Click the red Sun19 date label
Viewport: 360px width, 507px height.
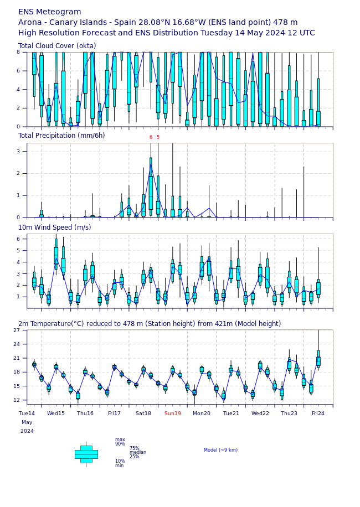pyautogui.click(x=172, y=413)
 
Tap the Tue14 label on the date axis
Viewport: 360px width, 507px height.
pyautogui.click(x=27, y=413)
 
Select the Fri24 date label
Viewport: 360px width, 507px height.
pyautogui.click(x=318, y=413)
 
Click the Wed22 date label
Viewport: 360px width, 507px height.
pyautogui.click(x=260, y=413)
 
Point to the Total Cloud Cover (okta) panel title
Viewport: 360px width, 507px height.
pyautogui.click(x=57, y=46)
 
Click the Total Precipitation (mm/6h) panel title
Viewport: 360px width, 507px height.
pyautogui.click(x=61, y=136)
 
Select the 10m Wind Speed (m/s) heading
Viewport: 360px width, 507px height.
pyautogui.click(x=54, y=227)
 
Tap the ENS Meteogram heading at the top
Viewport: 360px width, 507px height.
pyautogui.click(x=49, y=12)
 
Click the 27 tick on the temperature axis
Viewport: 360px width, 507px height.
pyautogui.click(x=17, y=330)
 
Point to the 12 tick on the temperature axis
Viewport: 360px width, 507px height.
pyautogui.click(x=17, y=400)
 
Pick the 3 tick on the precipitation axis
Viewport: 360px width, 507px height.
pyautogui.click(x=18, y=151)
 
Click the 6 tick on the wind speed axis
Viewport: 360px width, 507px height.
pyautogui.click(x=18, y=239)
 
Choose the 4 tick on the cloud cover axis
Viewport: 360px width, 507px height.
pyautogui.click(x=18, y=90)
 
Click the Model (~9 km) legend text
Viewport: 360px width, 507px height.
pyautogui.click(x=220, y=450)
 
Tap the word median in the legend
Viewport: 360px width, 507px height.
pyautogui.click(x=138, y=452)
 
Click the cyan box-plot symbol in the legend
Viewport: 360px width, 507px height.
pyautogui.click(x=86, y=454)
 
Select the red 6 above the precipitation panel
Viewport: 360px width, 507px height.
pyautogui.click(x=151, y=138)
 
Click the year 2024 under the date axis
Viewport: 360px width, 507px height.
pyautogui.click(x=27, y=431)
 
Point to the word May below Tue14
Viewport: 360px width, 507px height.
pyautogui.click(x=27, y=422)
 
